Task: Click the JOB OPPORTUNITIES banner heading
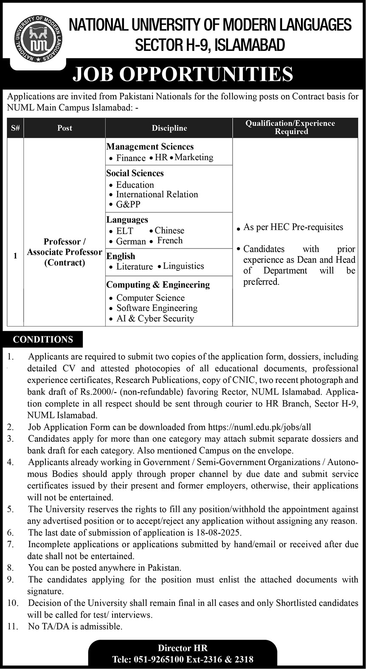click(183, 74)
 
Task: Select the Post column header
click(65, 128)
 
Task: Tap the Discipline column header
click(169, 128)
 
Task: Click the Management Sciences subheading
click(150, 147)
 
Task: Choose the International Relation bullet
click(157, 194)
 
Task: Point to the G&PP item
click(128, 204)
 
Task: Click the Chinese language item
click(169, 231)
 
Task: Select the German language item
click(131, 241)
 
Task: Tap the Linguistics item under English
click(183, 266)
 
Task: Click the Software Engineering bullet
click(157, 308)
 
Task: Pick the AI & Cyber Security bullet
click(155, 318)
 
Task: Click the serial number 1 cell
click(15, 256)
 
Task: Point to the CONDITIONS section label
click(43, 340)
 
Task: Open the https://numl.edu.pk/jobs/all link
click(259, 427)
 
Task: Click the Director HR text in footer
click(183, 648)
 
